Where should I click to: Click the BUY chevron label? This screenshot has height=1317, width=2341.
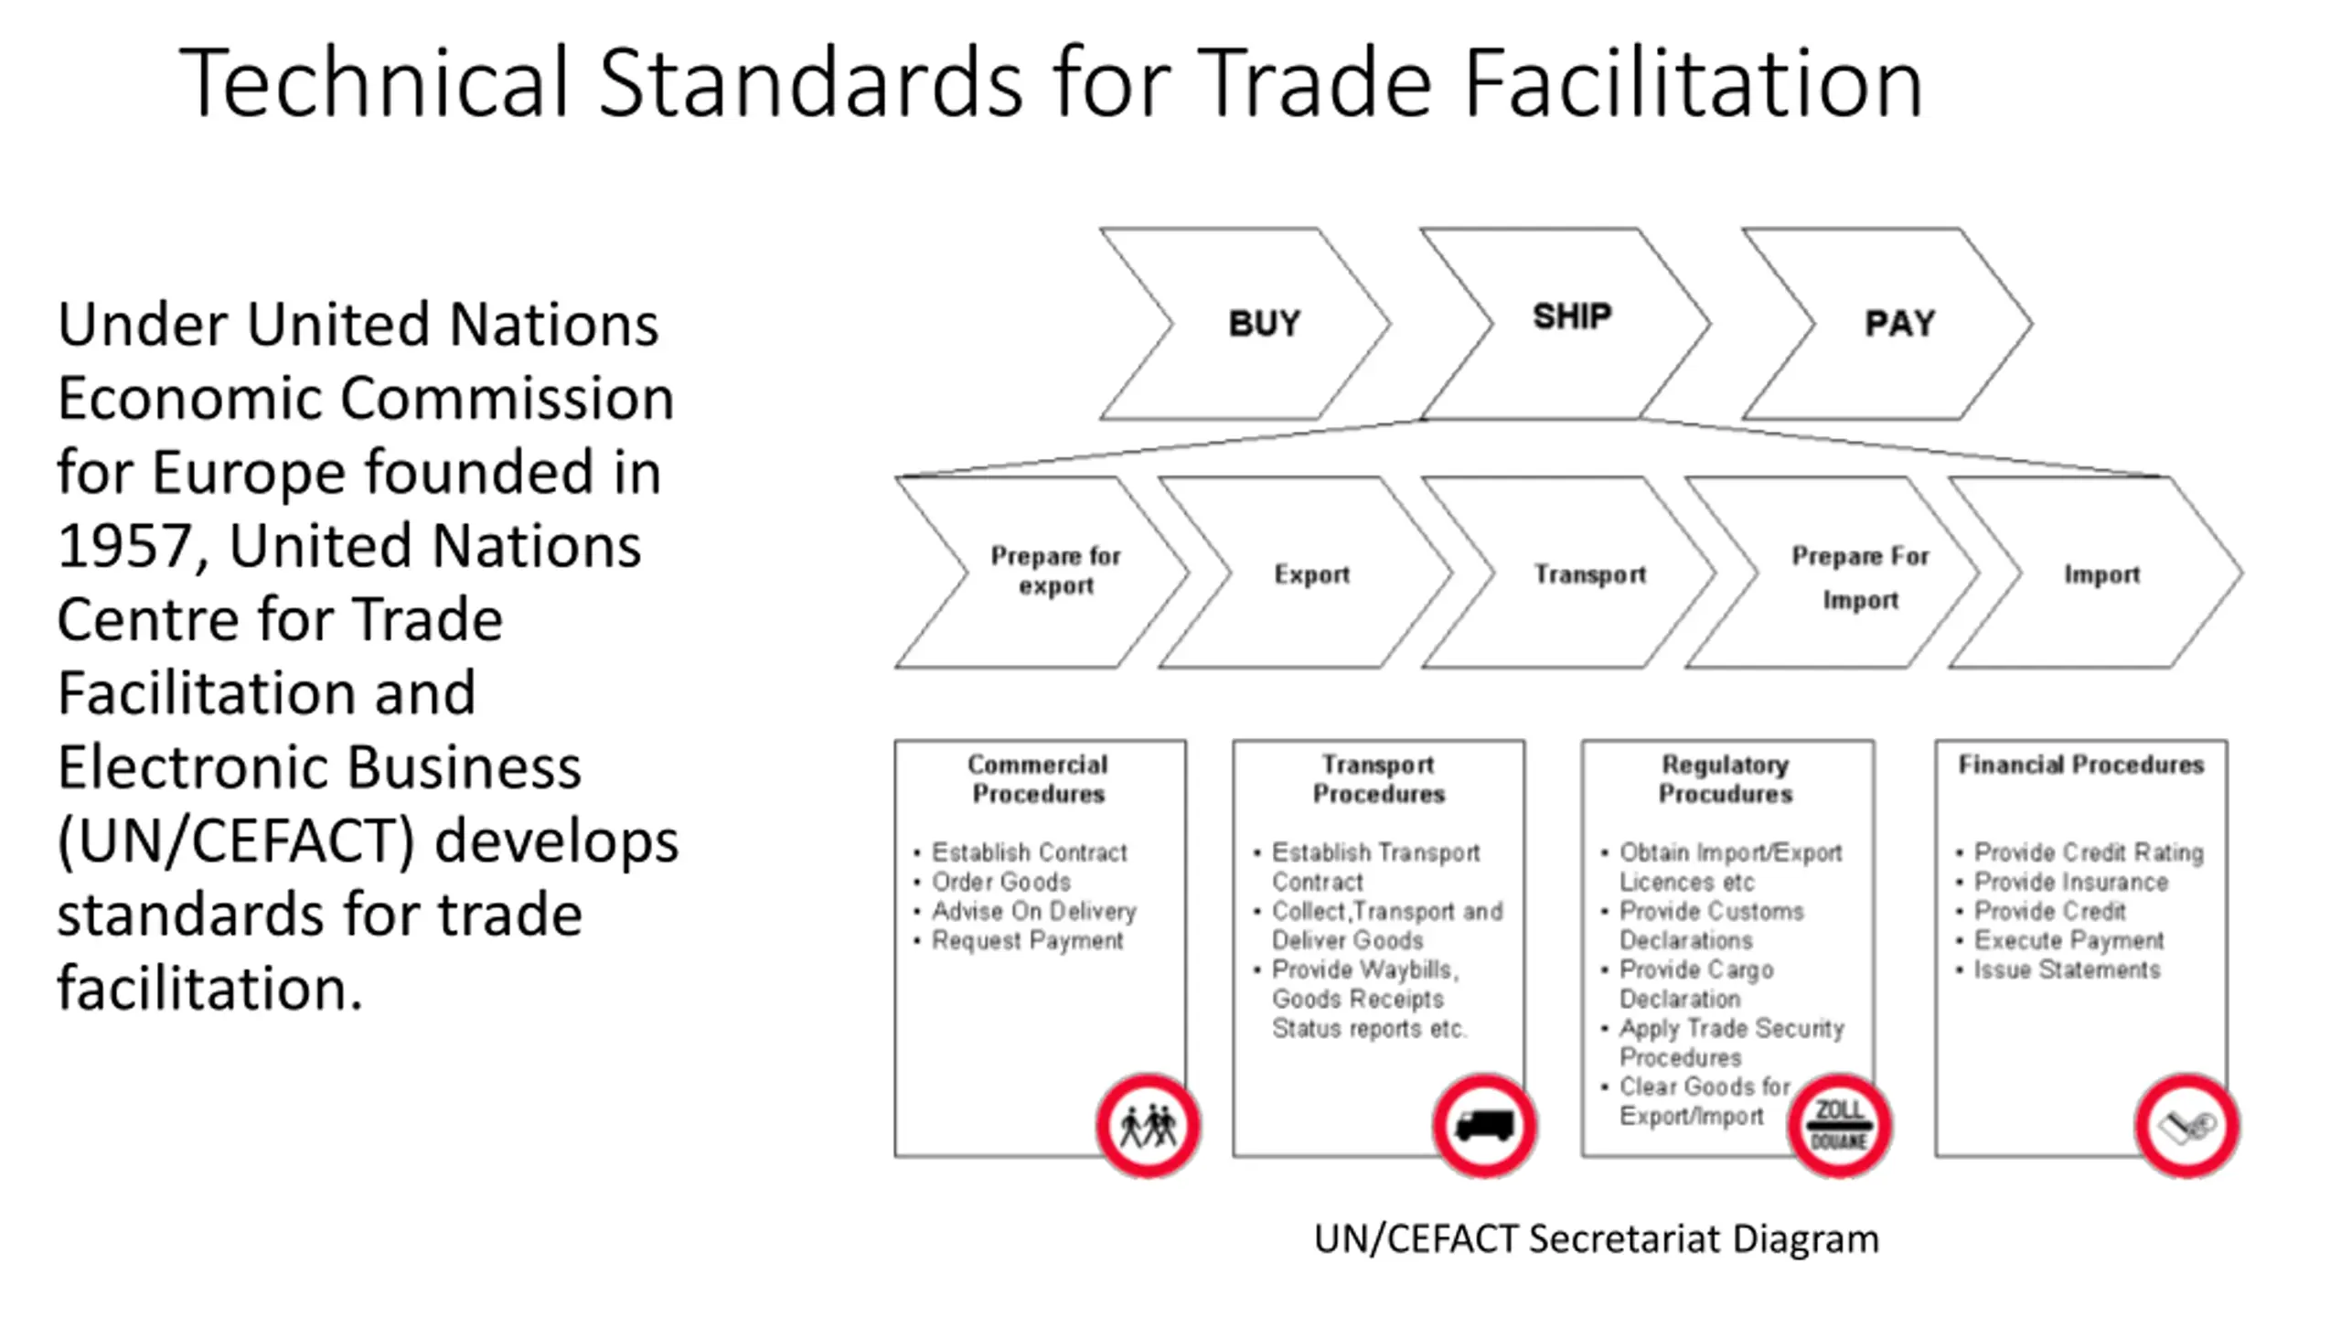[x=1264, y=324]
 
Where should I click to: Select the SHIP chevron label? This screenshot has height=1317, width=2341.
[x=1572, y=316]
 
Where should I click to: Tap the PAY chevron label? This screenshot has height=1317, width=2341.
[x=1899, y=324]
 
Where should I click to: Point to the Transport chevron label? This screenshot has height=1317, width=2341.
[x=1589, y=574]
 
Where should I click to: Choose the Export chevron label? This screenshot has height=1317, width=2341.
[x=1311, y=574]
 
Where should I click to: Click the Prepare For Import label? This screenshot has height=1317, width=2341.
[x=1860, y=578]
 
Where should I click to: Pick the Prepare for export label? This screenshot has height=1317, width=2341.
[x=1055, y=571]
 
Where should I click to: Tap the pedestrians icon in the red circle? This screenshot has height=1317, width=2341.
[x=1149, y=1126]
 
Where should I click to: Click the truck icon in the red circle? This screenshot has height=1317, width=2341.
[x=1484, y=1126]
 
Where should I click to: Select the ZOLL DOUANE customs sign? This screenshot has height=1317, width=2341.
[x=1839, y=1126]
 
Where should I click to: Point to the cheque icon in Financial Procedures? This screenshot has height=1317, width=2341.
[x=2186, y=1126]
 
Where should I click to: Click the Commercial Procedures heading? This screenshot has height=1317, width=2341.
[x=1038, y=779]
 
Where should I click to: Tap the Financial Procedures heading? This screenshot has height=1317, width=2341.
[x=2080, y=765]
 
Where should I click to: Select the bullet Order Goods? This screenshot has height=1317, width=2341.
[x=1000, y=882]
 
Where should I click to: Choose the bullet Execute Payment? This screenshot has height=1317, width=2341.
[x=2068, y=940]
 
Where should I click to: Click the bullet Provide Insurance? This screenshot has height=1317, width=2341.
[x=2070, y=882]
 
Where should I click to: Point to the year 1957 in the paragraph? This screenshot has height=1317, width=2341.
[x=123, y=547]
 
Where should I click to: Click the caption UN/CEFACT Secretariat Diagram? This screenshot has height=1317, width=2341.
[x=1596, y=1239]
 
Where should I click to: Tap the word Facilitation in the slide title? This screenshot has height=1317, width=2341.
[x=1694, y=84]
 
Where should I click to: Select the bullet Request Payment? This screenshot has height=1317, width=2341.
[x=1026, y=940]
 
